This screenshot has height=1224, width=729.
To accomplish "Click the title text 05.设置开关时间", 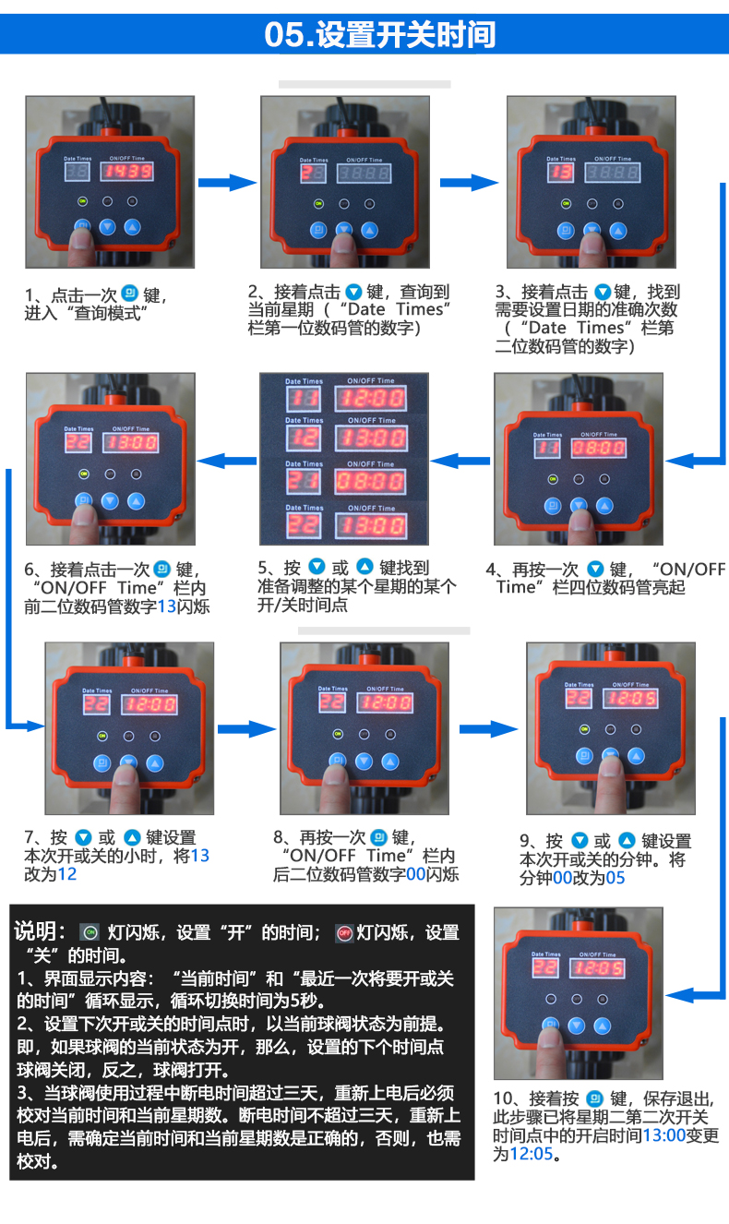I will pos(379,34).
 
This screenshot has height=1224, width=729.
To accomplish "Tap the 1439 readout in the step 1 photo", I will pos(126,172).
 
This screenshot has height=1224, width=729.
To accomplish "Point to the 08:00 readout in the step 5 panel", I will pos(369,481).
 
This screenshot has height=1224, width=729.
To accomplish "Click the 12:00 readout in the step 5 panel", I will pos(369,398).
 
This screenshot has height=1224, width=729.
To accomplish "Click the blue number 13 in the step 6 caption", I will pos(166,606).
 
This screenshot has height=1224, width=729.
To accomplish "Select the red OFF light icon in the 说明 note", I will pos(344,932).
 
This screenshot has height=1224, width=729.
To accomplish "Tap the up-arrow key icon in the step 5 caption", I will pos(364,567).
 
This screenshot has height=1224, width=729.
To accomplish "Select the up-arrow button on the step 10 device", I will pos(603,1025).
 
